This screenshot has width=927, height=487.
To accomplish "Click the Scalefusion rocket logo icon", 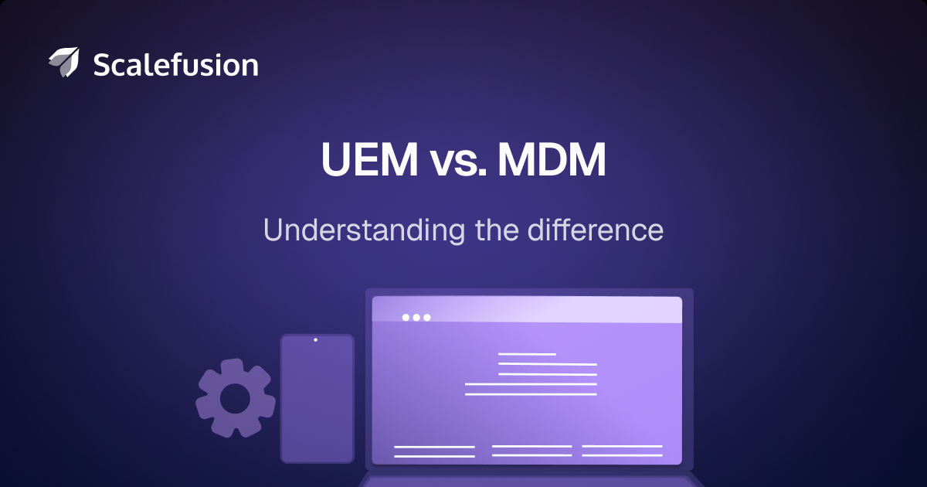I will (x=63, y=63).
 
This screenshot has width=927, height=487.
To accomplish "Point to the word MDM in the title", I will (x=552, y=160).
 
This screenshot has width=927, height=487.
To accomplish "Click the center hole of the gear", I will (x=234, y=399).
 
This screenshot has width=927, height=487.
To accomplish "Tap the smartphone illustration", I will (x=317, y=399).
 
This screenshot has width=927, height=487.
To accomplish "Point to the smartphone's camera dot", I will (x=315, y=340).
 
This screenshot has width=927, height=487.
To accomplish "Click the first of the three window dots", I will (x=406, y=318).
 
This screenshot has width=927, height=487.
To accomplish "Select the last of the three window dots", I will (x=427, y=318).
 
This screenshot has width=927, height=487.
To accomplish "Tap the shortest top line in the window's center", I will (x=527, y=354).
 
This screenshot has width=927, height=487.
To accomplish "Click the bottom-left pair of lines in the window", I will (x=434, y=451).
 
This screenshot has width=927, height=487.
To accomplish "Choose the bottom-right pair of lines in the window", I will (x=622, y=451).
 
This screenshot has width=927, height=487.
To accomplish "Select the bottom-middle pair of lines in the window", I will (x=531, y=451).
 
